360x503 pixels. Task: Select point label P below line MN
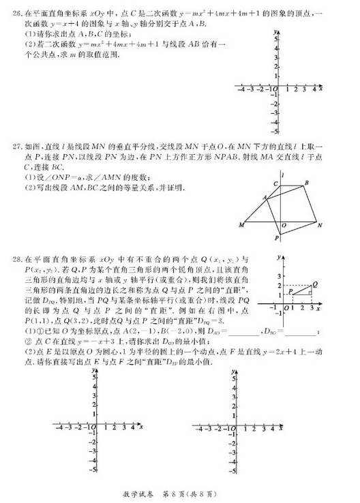277,238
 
